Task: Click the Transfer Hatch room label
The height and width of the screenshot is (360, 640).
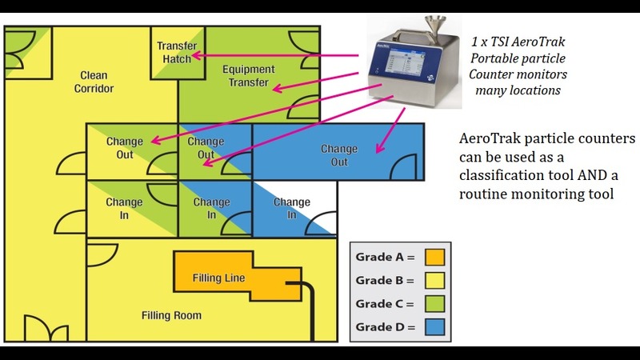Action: coord(177,52)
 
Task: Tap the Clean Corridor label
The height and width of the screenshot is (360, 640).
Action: coord(94,82)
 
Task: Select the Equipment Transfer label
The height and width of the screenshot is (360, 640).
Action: coord(249,75)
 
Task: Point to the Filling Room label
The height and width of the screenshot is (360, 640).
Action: coord(171,315)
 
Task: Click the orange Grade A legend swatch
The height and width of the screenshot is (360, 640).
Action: coord(434,257)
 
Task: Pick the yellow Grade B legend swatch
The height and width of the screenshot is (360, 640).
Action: coord(434,281)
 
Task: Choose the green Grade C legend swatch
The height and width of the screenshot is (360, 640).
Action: coord(434,304)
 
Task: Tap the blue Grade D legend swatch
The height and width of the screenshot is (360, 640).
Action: coord(434,327)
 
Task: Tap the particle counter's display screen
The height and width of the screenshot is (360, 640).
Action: coord(405,63)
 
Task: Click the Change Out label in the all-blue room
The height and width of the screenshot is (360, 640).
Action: coord(339,155)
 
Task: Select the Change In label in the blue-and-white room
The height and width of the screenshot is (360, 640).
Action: coord(291,208)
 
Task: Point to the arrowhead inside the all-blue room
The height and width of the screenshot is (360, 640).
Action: coord(379,148)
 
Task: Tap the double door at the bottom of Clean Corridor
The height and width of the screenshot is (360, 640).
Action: coord(46,328)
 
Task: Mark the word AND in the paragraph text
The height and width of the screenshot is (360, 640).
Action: coord(592,175)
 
